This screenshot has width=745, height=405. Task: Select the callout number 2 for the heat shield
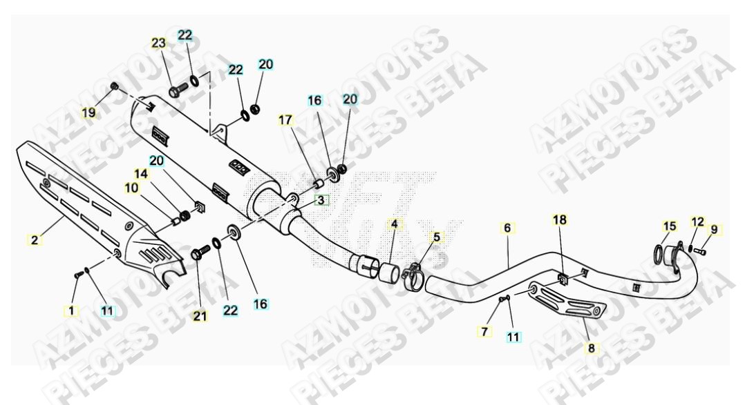tap(34, 240)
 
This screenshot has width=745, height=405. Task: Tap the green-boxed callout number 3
tap(320, 201)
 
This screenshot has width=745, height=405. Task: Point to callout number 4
tap(394, 224)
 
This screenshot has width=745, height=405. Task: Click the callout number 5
tap(435, 237)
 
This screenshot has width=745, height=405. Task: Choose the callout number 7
tap(484, 331)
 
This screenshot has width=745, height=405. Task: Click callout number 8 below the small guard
tap(590, 348)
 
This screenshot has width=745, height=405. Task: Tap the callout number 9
tap(714, 230)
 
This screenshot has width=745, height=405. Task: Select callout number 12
tap(697, 221)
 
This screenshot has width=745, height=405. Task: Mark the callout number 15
tap(669, 226)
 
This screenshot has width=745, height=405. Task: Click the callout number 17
tap(285, 120)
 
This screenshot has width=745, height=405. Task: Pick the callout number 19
tap(88, 112)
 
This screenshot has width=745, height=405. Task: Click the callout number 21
tap(200, 316)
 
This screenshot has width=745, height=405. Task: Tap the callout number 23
tap(159, 43)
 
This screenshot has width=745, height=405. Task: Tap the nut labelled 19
tap(114, 87)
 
